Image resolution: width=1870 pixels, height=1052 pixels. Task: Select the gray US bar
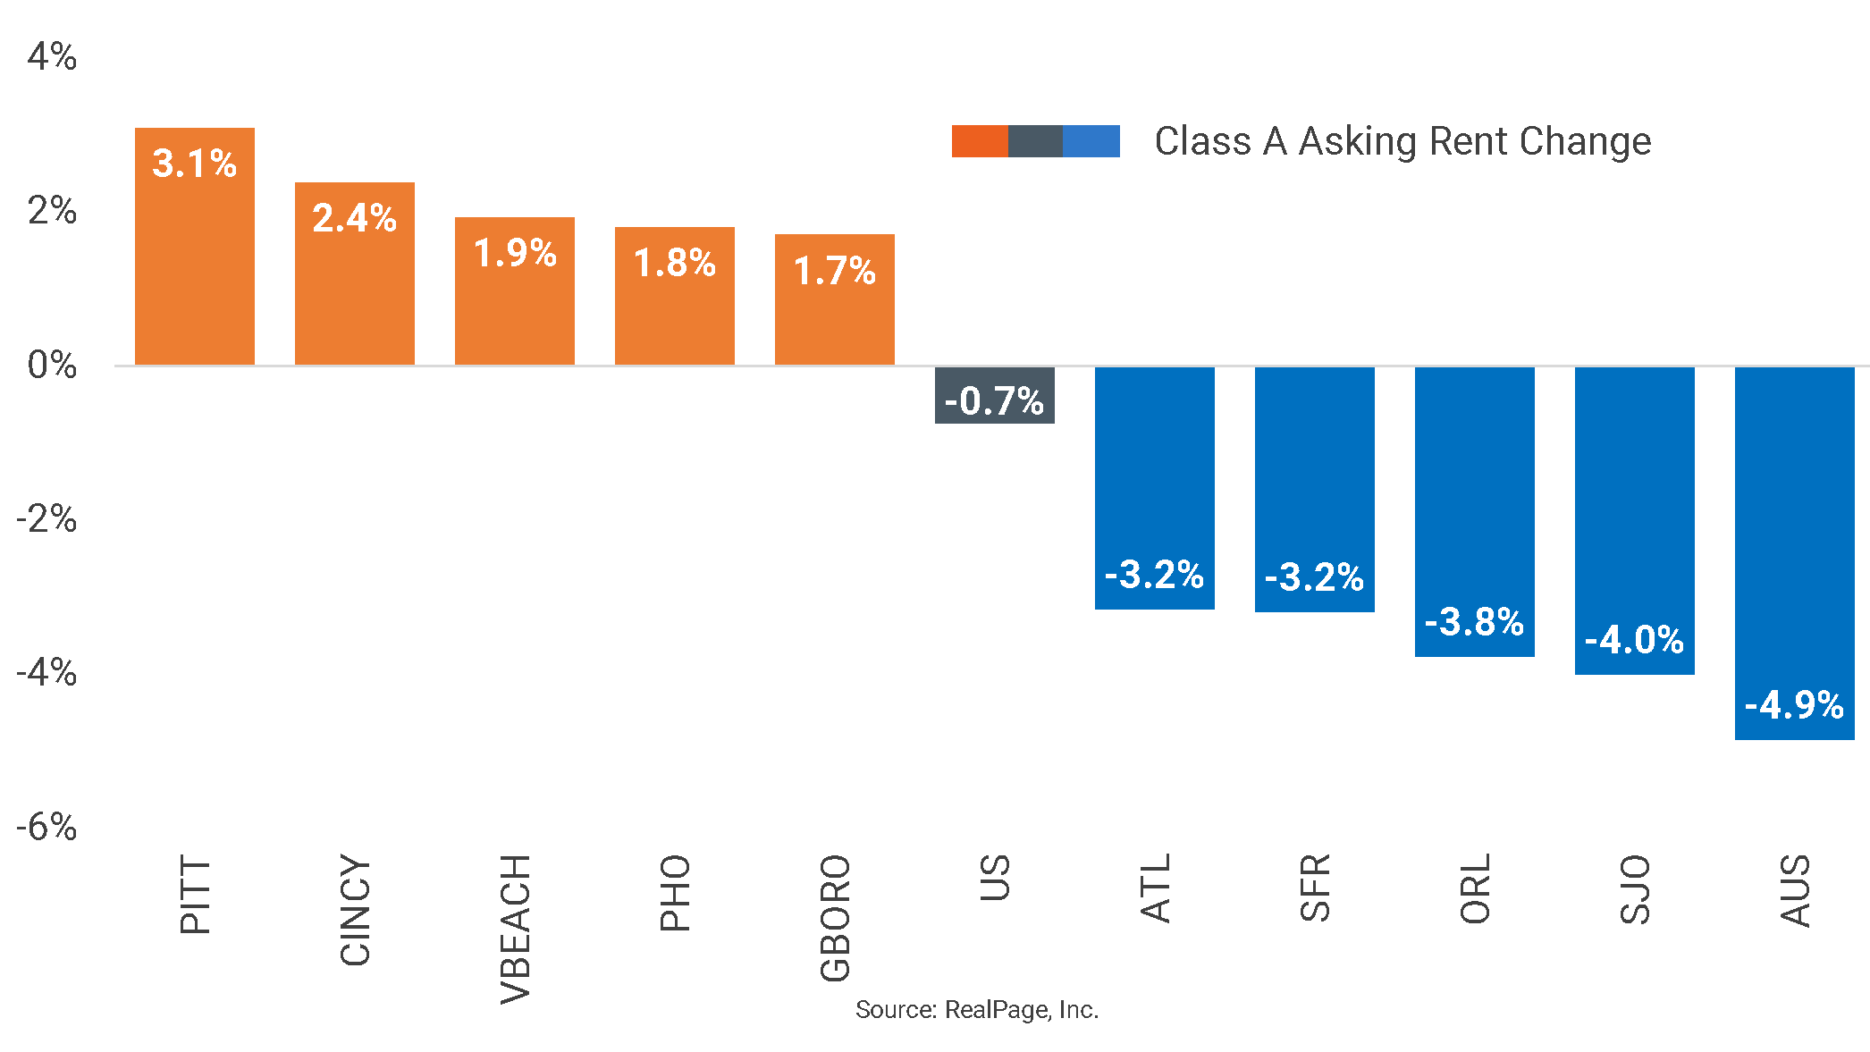point(994,394)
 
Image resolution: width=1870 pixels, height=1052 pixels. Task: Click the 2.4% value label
point(354,218)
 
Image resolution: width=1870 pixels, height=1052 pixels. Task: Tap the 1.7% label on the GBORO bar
point(834,271)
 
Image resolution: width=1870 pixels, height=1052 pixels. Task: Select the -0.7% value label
point(994,401)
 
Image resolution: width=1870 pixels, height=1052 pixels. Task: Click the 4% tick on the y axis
point(51,57)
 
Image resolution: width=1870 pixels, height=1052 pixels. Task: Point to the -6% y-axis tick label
point(46,827)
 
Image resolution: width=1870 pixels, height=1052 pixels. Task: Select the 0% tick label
point(51,366)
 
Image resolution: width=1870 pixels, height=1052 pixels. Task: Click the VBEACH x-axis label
point(516,930)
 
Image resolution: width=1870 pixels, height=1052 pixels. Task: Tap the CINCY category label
point(355,910)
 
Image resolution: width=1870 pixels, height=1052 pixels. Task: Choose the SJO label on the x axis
point(1635,889)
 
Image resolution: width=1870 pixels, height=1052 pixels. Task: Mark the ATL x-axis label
point(1155,888)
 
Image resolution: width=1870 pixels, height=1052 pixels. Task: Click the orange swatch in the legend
point(979,141)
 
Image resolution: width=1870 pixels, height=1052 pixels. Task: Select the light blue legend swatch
point(1091,141)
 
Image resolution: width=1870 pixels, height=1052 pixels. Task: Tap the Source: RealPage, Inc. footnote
point(976,1010)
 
